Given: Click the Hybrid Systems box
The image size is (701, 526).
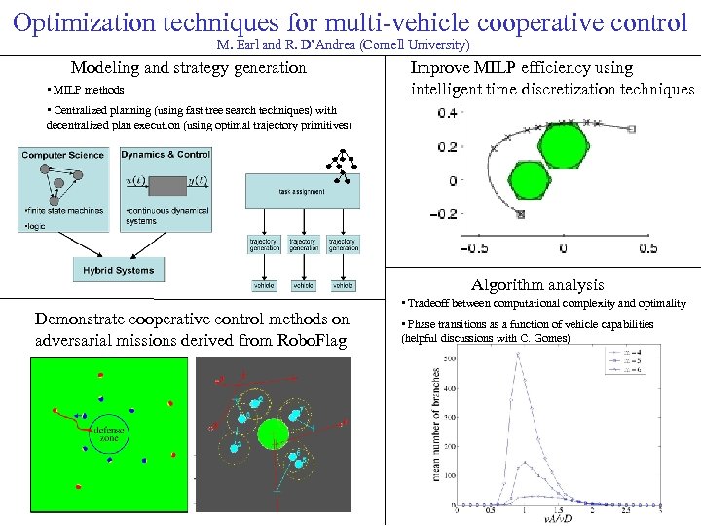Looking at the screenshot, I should click(x=119, y=270).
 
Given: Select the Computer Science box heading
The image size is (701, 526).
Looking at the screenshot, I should click(x=63, y=155).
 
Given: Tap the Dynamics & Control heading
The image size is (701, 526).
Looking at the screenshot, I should click(x=166, y=154).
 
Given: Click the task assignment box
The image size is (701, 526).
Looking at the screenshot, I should click(x=302, y=191).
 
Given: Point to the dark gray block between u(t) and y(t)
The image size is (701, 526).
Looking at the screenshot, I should click(x=173, y=181).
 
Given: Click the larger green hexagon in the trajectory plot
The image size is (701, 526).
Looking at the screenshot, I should click(x=561, y=147).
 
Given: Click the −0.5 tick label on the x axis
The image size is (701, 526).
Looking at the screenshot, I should click(x=473, y=248).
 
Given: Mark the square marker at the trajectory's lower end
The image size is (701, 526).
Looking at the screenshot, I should click(x=521, y=214).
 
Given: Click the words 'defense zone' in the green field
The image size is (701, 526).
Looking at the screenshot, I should click(x=104, y=433).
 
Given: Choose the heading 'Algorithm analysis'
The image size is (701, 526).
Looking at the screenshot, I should click(x=537, y=285).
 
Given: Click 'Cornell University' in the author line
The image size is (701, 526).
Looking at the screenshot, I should click(x=423, y=46).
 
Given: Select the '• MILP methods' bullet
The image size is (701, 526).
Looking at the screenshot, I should click(x=86, y=91).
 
